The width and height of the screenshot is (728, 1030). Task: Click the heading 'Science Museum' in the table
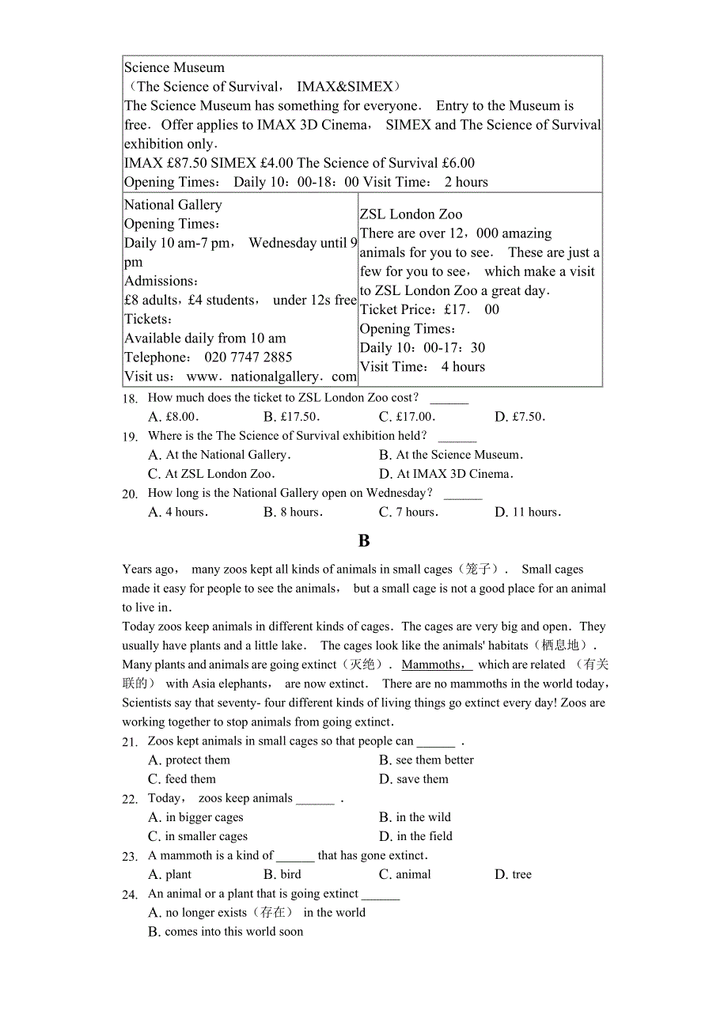pos(174,68)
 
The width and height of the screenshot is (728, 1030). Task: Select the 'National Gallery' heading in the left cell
pos(173,205)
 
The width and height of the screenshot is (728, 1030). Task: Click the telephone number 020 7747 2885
pos(248,357)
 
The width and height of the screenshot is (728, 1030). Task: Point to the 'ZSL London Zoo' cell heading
pos(411,214)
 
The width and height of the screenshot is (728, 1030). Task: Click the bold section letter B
pos(364,541)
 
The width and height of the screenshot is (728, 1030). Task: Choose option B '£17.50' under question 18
pos(290,417)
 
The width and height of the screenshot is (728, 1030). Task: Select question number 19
pos(130,437)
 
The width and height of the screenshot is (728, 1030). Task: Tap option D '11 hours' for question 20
pos(528,512)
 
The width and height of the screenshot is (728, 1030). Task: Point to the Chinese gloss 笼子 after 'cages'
pos(478,570)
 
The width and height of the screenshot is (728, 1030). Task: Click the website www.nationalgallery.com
pos(271,377)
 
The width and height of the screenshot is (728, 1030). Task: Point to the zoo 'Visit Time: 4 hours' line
pos(423,367)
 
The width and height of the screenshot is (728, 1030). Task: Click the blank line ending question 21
pos(436,742)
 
